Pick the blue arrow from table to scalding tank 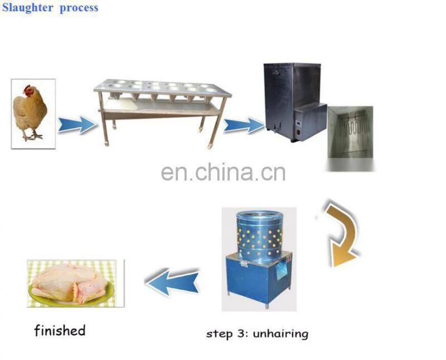point(243,125)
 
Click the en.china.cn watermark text point(223,173)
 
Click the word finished point(60,330)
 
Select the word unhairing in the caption point(280,334)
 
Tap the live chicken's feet point(34,135)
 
